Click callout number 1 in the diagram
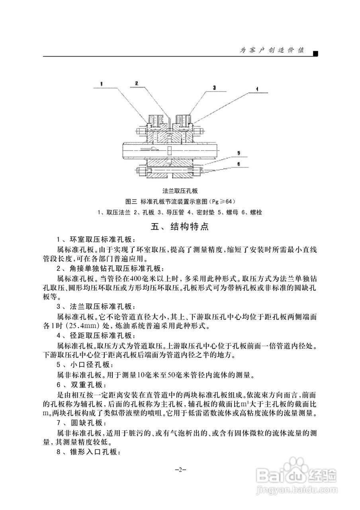click(102, 84)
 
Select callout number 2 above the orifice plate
click(136, 84)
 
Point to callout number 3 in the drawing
click(214, 86)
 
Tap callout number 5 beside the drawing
click(239, 153)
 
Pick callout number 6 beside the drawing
click(239, 163)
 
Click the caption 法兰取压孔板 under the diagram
click(180, 191)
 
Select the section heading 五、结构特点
click(180, 227)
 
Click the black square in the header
click(315, 53)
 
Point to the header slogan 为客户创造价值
click(272, 50)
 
